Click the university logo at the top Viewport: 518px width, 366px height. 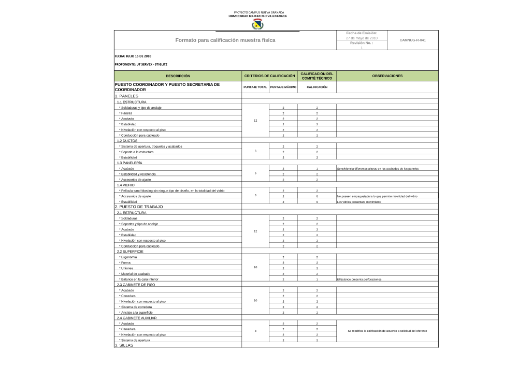(x=257, y=24)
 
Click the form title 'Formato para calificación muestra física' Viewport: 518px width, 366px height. (x=225, y=40)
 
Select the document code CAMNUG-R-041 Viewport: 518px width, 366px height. (x=413, y=40)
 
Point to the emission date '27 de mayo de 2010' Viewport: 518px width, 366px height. (x=362, y=38)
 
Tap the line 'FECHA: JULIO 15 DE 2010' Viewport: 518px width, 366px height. (x=133, y=55)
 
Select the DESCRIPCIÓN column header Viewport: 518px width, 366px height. (x=178, y=76)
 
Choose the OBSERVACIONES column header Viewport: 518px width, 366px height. (x=387, y=76)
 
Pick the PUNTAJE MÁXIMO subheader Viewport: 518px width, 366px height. (x=283, y=87)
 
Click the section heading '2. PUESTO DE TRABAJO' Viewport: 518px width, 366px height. (x=139, y=207)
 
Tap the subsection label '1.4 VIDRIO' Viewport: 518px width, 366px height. (x=126, y=185)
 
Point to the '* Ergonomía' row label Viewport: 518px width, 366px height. (x=128, y=257)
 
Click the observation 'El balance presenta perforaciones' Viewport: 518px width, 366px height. (x=359, y=279)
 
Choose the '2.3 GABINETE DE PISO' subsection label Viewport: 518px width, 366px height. (x=136, y=285)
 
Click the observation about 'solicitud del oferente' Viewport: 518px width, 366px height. (x=387, y=331)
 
